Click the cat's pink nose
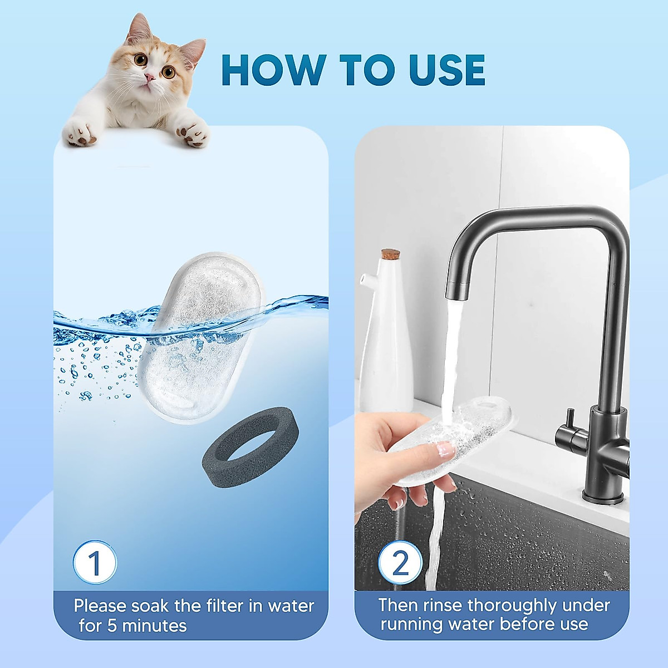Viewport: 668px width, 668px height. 149,77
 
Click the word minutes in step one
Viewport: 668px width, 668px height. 154,626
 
